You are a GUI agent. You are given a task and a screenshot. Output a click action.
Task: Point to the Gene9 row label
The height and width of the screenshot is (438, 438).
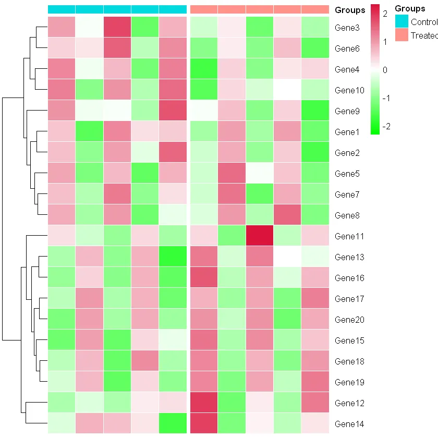[x=346, y=111]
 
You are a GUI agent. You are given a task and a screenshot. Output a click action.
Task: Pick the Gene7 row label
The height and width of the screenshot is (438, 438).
[x=346, y=194]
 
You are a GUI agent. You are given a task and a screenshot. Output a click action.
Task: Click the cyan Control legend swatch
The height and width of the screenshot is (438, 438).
[x=401, y=21]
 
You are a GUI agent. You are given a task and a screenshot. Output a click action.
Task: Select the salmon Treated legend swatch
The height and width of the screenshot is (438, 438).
[x=401, y=35]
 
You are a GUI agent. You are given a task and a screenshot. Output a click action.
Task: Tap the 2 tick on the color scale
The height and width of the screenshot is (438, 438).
[x=385, y=14]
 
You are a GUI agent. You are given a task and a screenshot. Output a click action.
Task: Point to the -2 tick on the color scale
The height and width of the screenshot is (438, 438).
[x=386, y=127]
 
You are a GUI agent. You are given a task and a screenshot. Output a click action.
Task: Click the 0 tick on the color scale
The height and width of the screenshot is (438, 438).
[x=385, y=70]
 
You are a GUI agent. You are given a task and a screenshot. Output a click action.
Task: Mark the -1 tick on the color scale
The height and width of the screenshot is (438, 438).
[x=386, y=99]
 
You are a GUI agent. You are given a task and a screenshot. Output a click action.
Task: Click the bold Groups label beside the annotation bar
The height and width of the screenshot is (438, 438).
[x=350, y=10]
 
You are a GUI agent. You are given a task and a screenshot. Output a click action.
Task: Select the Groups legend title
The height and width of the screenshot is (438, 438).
[x=410, y=9]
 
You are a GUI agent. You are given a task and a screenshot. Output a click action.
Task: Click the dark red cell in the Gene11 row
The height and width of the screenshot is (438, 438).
[x=259, y=236]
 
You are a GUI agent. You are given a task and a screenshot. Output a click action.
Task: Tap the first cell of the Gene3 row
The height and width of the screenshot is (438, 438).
[x=62, y=27]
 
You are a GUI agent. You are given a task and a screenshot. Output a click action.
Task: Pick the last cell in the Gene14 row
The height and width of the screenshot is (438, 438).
[x=315, y=423]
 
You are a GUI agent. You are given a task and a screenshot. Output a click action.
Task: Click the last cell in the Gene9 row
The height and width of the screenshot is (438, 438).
[x=315, y=111]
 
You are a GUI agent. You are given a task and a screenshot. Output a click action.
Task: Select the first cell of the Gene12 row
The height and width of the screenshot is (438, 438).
[x=62, y=403]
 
